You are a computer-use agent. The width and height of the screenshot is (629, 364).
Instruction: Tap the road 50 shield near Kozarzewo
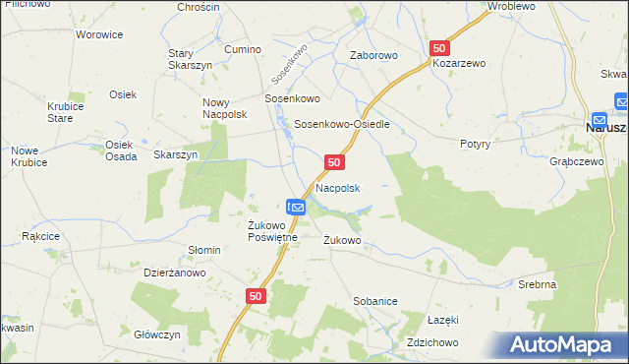pos(439,47)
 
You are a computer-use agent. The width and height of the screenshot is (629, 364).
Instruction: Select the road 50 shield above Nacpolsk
pos(334,161)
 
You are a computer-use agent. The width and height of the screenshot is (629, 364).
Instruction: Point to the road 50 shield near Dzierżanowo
pos(256,295)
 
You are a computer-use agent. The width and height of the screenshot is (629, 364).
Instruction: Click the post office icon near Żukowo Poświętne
pos(298,207)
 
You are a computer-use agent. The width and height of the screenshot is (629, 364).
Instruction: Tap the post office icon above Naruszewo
pos(622,100)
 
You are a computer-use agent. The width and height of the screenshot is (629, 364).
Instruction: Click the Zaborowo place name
pos(374,55)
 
